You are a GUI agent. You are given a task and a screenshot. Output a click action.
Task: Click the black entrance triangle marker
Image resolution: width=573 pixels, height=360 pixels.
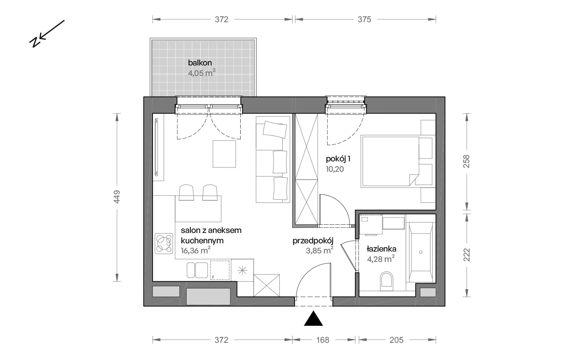pyautogui.click(x=313, y=319)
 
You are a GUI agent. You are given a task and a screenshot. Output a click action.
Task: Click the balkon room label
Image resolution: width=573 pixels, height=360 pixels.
pyautogui.click(x=200, y=63)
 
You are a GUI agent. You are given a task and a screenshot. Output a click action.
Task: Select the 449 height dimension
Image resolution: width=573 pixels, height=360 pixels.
pyautogui.click(x=117, y=197)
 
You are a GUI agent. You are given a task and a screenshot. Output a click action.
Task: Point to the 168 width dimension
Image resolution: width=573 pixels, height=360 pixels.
pyautogui.click(x=323, y=340)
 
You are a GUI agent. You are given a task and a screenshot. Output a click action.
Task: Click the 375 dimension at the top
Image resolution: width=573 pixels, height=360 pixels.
pyautogui.click(x=364, y=19)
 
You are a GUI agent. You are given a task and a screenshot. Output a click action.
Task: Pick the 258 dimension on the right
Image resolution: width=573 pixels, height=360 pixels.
pyautogui.click(x=467, y=161)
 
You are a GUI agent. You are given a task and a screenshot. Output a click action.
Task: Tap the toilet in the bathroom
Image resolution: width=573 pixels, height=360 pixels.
pyautogui.click(x=386, y=281)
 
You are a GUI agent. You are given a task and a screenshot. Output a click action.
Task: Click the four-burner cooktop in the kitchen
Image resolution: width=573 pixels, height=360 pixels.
pyautogui.click(x=164, y=243)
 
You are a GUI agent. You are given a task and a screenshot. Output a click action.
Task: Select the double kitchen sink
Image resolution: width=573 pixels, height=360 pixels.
pyautogui.click(x=197, y=270)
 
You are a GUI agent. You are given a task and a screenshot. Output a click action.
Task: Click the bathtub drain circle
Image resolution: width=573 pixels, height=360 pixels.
pyautogui.click(x=421, y=252)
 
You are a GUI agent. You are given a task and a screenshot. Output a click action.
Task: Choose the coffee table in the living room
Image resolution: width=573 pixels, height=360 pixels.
pyautogui.click(x=224, y=154)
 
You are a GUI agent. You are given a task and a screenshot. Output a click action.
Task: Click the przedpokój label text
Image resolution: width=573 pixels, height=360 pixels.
pyautogui.click(x=313, y=241)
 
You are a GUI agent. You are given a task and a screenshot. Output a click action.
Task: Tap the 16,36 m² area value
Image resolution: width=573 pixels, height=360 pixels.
pyautogui.click(x=196, y=250)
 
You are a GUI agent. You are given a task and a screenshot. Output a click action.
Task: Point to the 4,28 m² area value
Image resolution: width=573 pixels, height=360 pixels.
pyautogui.click(x=381, y=259)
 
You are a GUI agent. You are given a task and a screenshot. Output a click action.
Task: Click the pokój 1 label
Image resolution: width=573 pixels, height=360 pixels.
pyautogui.click(x=338, y=159)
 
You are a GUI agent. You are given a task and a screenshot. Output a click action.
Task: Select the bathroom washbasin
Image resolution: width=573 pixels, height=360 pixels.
pyautogui.click(x=394, y=223)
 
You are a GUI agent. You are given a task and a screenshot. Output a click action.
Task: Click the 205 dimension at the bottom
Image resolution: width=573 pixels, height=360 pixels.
pyautogui.click(x=396, y=340)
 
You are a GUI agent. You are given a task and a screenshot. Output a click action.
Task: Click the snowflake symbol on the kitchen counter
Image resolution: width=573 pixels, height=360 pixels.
pyautogui.click(x=242, y=270)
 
